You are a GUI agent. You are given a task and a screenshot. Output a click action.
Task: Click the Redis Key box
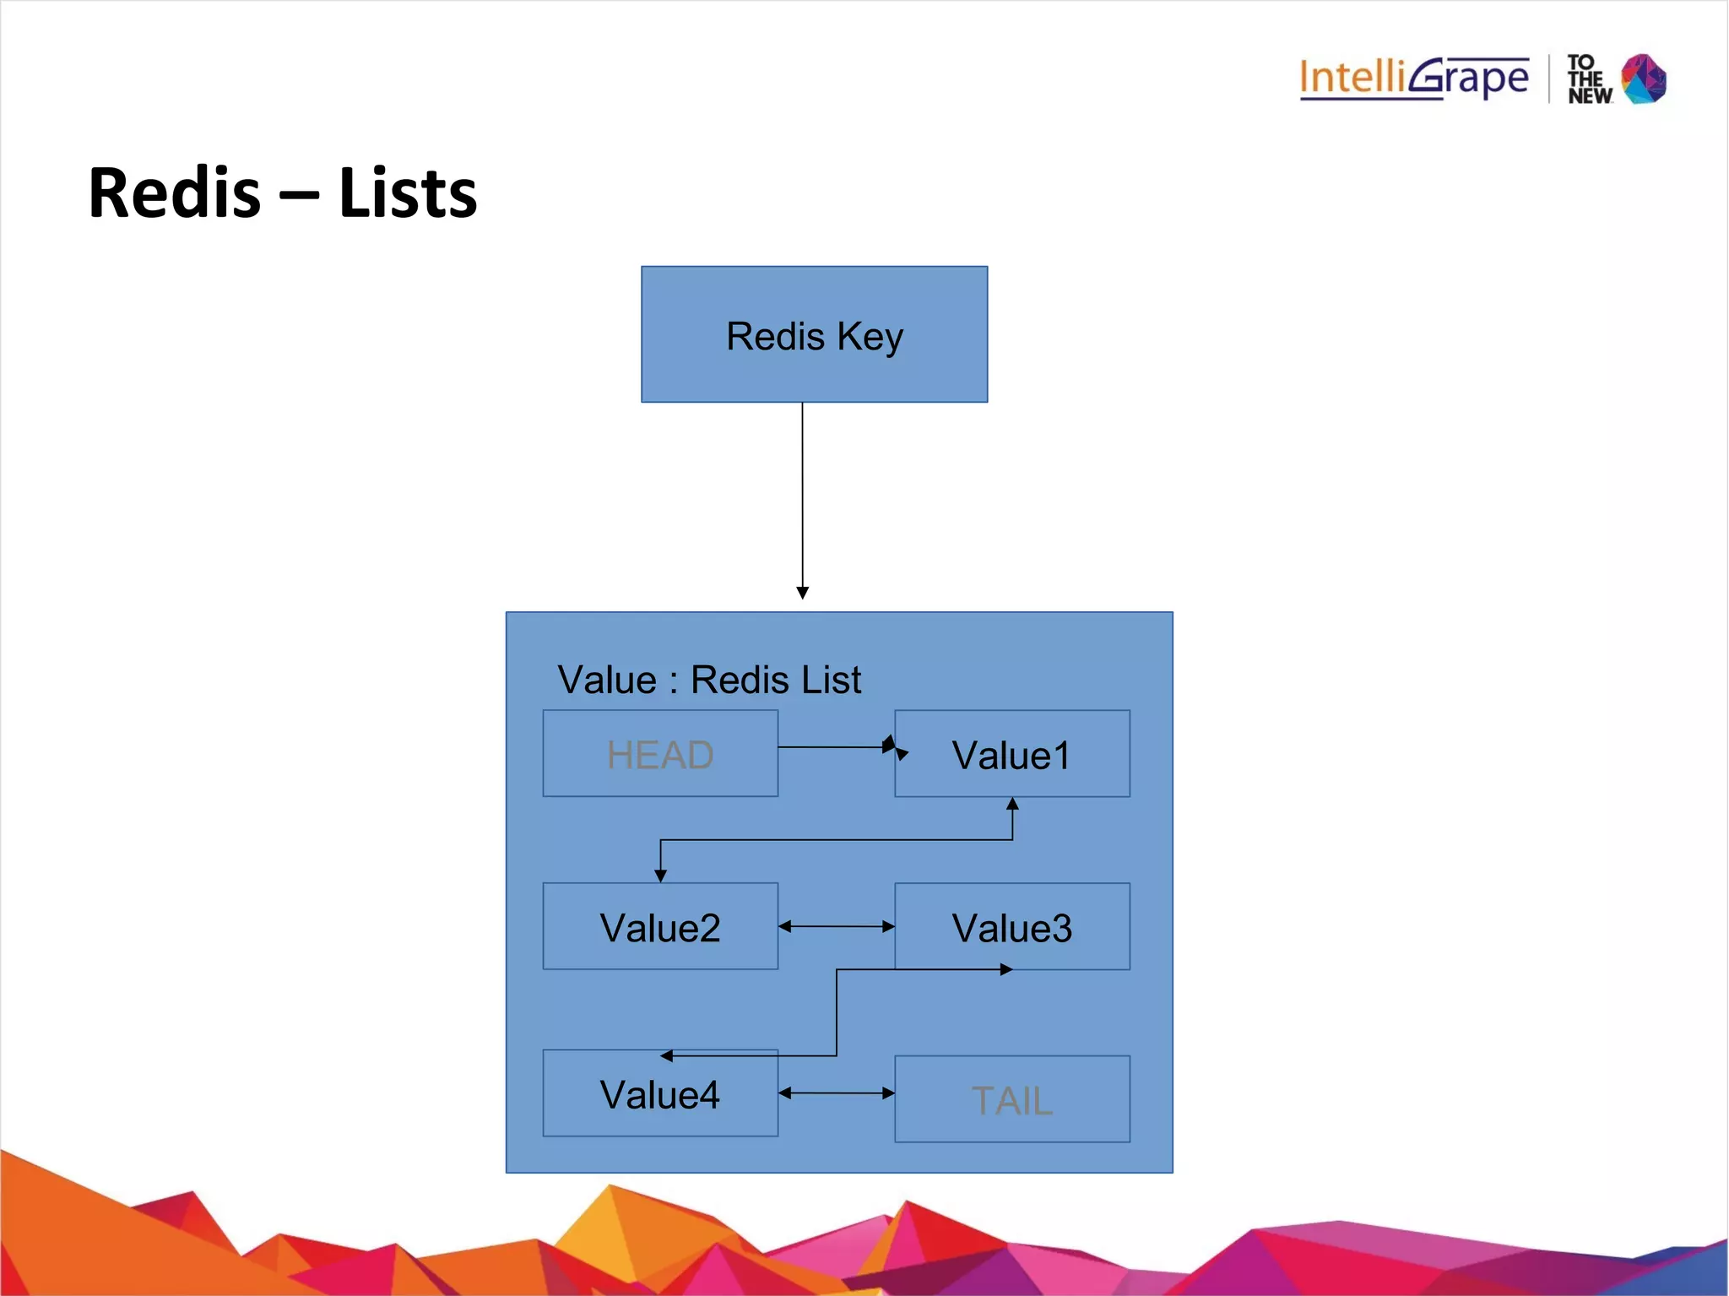814,334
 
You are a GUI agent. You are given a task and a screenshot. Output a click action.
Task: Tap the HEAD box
660,753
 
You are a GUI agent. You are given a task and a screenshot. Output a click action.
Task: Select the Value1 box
1011,754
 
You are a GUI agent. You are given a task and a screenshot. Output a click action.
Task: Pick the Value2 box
660,926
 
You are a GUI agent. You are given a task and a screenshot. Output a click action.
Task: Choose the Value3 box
1011,926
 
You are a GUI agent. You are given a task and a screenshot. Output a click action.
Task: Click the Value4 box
660,1093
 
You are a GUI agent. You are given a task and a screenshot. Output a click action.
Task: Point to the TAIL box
1011,1098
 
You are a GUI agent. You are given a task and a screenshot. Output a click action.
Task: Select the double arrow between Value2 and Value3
836,926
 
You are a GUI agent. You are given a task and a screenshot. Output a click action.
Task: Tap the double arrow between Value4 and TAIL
836,1093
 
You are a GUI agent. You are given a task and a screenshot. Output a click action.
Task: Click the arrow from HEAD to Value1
836,746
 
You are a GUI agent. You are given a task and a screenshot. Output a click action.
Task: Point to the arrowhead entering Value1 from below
1012,804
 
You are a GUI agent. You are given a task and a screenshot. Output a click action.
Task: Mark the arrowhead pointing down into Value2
660,876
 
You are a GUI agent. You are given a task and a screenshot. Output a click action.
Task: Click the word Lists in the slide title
407,193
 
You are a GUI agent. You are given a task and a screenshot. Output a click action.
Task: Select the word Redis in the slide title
175,193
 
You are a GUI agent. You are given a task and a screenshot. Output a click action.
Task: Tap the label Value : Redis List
709,680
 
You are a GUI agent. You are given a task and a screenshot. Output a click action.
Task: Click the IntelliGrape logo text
1413,78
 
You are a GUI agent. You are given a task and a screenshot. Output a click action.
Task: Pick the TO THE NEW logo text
1589,79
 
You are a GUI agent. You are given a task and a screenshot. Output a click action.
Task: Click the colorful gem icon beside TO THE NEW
1644,79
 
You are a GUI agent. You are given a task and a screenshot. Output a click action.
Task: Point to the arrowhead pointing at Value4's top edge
667,1055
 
